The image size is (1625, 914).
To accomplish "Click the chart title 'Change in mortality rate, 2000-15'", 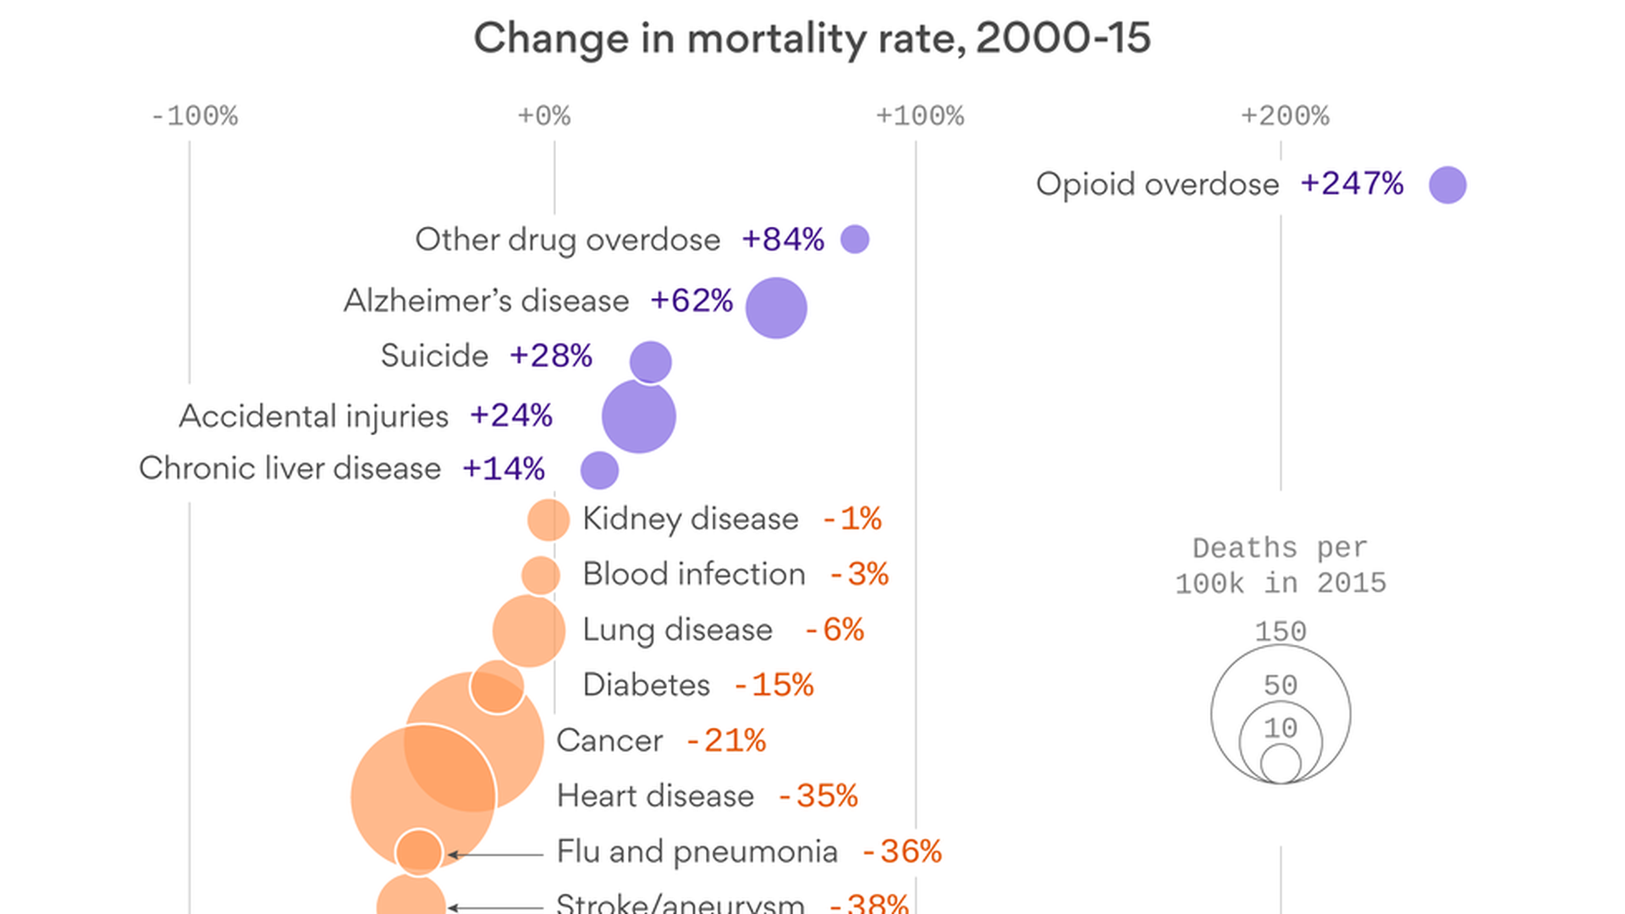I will [812, 38].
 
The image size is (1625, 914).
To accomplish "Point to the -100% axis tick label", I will [194, 116].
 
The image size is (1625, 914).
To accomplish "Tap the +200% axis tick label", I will [1285, 116].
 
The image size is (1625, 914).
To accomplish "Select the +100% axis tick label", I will [919, 116].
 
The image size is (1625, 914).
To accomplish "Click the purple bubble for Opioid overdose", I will [1447, 184].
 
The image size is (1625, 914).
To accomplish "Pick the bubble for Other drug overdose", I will [855, 240].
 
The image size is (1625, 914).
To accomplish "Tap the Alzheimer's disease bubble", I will [776, 308].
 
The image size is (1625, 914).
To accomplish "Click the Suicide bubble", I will [651, 362].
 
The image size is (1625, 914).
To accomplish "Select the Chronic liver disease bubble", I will [599, 471].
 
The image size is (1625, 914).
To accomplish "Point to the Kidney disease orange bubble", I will [548, 520].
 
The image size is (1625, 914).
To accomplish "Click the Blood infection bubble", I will [541, 575].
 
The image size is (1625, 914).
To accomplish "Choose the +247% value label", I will [1352, 184].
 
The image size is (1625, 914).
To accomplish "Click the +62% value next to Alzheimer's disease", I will [691, 300].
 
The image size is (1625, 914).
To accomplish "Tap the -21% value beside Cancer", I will [725, 741].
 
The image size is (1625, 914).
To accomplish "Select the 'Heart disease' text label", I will [655, 796].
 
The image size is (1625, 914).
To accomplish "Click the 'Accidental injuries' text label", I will [313, 416].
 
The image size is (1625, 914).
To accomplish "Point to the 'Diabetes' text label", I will [646, 685].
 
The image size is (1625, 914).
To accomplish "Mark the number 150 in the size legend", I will [1281, 631].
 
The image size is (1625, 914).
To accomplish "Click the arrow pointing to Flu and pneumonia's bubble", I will [495, 855].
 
